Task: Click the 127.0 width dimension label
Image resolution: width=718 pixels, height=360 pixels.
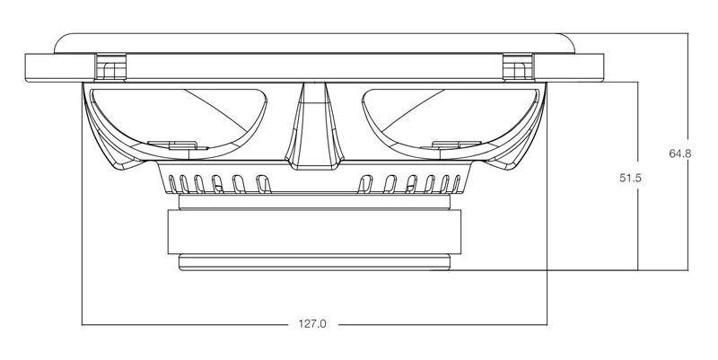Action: (312, 324)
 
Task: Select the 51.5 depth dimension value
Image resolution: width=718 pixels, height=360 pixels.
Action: (631, 178)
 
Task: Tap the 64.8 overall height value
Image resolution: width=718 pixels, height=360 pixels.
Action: (680, 154)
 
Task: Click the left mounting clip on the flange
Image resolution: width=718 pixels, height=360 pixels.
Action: (110, 68)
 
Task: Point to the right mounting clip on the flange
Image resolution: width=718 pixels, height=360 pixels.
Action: (518, 68)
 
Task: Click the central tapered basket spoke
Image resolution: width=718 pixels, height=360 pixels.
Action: (314, 126)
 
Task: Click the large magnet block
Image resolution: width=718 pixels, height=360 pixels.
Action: (315, 232)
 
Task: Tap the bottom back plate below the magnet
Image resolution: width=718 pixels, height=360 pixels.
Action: (315, 262)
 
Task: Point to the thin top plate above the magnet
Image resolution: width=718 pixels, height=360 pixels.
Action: (315, 202)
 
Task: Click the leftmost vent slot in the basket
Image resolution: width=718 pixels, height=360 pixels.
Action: (172, 184)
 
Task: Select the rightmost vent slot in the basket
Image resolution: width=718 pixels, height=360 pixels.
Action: (457, 183)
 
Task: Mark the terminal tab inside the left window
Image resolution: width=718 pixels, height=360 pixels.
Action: (178, 145)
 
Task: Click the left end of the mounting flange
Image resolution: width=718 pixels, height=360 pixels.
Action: (26, 68)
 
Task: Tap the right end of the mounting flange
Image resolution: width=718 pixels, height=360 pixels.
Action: (603, 68)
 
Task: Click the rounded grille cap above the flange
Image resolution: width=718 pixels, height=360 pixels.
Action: (315, 43)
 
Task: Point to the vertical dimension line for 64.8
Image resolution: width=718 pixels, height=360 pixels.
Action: (687, 152)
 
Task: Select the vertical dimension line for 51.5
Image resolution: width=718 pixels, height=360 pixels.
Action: (638, 176)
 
